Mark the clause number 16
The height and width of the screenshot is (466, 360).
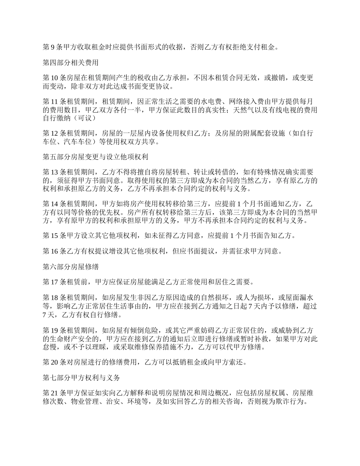click(x=55, y=252)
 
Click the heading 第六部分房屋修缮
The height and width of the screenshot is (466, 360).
click(x=70, y=267)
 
